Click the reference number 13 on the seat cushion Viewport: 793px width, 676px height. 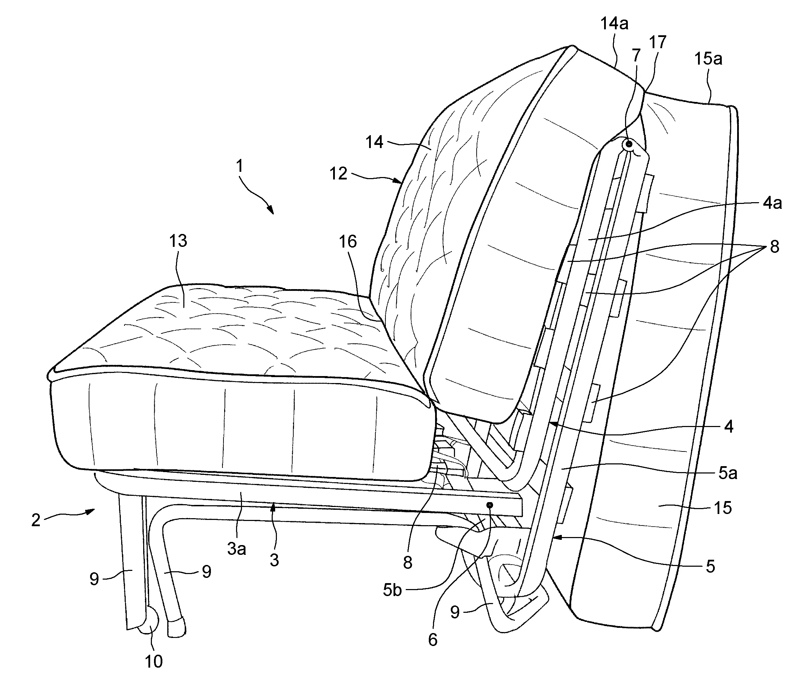click(x=178, y=241)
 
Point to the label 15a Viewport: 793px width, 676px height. click(x=708, y=59)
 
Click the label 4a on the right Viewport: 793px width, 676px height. click(x=772, y=203)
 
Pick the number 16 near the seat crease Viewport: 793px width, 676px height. click(x=348, y=242)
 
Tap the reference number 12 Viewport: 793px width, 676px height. click(x=339, y=174)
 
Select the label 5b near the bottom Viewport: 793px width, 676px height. click(x=392, y=590)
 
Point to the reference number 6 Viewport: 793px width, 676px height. click(x=433, y=640)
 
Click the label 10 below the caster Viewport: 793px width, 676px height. click(x=154, y=661)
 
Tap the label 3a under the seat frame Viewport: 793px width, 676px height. click(x=236, y=549)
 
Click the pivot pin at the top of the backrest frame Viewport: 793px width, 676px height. click(x=629, y=144)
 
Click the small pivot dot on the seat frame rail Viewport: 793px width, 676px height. click(x=490, y=505)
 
